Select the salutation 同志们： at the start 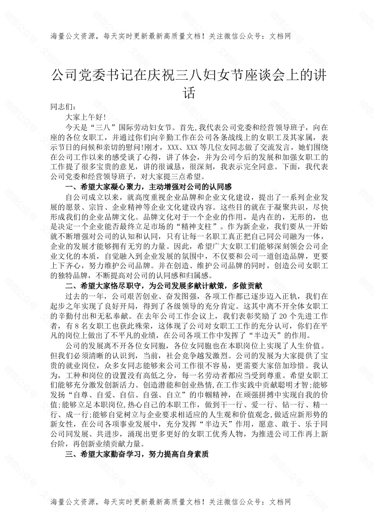point(62,107)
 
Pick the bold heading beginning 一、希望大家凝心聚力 point(149,188)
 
